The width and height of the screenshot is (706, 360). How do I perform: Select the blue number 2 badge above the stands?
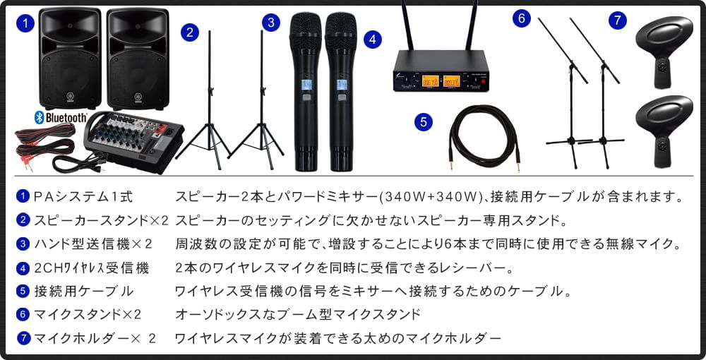(189, 32)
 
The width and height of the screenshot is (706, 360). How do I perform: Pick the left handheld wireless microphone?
(305, 92)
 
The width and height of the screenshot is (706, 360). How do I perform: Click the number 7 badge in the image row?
(618, 20)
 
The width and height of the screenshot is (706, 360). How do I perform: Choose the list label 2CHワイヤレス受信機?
(91, 268)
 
